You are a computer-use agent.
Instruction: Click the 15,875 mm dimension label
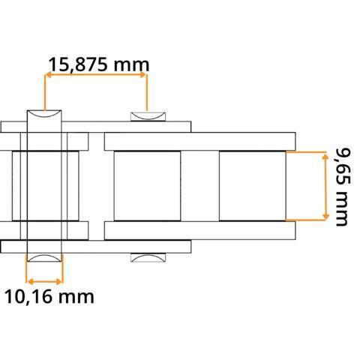[99, 64]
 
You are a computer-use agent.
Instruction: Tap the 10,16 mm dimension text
[49, 297]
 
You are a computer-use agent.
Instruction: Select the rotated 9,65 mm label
[343, 187]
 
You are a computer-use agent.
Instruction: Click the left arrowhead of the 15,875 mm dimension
[48, 75]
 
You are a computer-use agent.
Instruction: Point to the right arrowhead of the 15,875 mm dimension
[143, 75]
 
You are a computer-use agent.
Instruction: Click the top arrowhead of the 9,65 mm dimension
[325, 157]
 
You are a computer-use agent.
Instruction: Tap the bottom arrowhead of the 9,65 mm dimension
[325, 216]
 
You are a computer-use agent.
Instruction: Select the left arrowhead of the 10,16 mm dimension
[30, 282]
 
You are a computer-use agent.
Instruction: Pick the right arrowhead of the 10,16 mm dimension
[58, 282]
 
